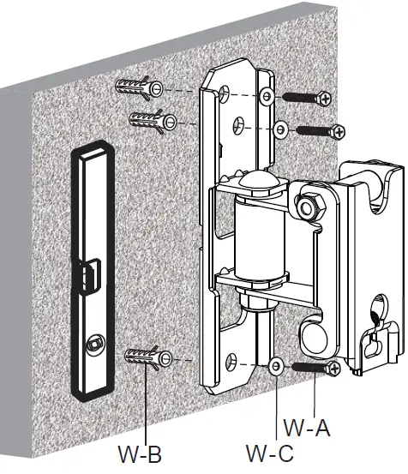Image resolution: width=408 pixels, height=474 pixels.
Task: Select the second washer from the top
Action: [281, 129]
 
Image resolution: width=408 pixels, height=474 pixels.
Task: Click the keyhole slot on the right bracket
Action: [372, 334]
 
